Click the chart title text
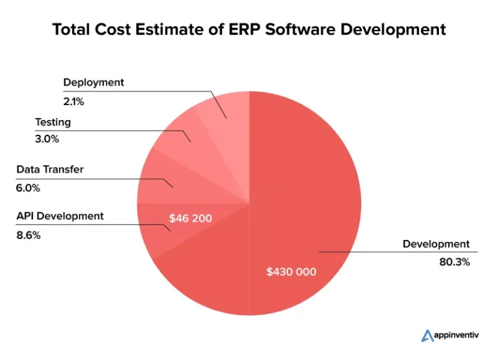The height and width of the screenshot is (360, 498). click(x=249, y=29)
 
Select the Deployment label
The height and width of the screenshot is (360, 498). click(x=93, y=82)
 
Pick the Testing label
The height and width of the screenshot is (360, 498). click(x=53, y=122)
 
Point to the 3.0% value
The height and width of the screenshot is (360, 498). click(x=46, y=138)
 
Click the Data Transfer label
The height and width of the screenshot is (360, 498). click(x=50, y=170)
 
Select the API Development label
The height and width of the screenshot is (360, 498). click(x=60, y=216)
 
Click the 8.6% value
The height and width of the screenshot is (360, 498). click(x=28, y=235)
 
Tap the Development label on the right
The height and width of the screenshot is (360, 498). click(x=435, y=244)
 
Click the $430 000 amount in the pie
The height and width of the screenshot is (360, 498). click(x=291, y=272)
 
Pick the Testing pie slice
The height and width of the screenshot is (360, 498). click(x=185, y=133)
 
